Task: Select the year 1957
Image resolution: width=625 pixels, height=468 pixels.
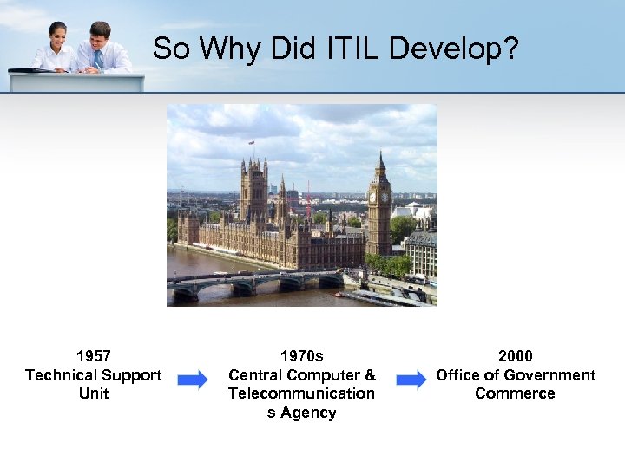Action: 93,356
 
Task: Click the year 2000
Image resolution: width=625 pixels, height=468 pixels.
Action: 516,356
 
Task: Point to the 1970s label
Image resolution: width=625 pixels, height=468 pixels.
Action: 301,356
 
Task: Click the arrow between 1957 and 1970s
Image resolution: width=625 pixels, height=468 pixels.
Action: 193,380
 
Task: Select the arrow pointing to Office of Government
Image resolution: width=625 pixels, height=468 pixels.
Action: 411,380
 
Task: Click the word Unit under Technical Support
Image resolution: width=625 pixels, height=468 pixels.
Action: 93,394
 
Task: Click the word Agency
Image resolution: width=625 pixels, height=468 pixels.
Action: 307,413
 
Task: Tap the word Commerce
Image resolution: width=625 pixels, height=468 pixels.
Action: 515,394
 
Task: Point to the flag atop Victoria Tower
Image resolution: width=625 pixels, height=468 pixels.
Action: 252,142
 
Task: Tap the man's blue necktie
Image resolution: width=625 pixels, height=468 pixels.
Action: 97,58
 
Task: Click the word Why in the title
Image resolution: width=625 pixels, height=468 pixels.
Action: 233,49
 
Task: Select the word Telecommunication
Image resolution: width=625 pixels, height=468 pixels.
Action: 301,394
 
